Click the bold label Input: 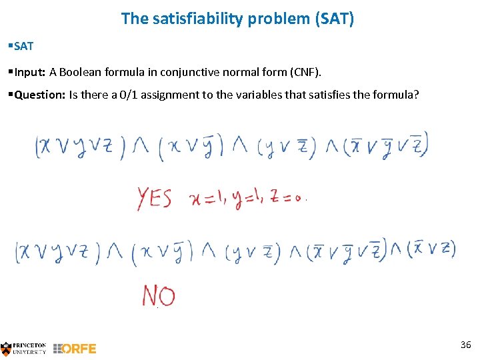click(29, 71)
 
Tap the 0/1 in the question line click(123, 95)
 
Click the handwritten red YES click(155, 198)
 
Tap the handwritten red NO click(159, 296)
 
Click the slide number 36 click(465, 344)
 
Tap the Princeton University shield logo click(7, 348)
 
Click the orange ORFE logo click(75, 348)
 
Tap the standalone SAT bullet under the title click(23, 47)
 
